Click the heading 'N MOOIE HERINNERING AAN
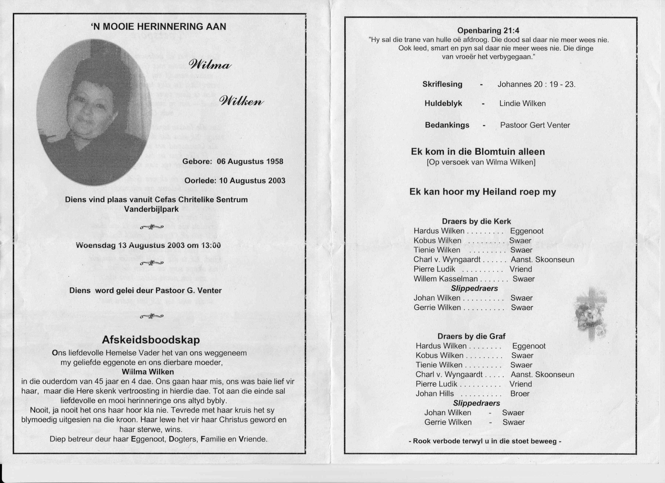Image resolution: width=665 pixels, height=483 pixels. click(x=159, y=27)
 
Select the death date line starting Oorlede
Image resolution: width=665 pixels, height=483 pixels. click(x=235, y=181)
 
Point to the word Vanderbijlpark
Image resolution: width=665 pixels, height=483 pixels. click(x=151, y=209)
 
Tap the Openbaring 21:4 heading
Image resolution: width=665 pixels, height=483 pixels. click(x=488, y=30)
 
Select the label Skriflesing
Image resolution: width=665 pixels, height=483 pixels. click(x=442, y=84)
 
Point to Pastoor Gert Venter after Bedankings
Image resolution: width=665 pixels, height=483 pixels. click(x=535, y=125)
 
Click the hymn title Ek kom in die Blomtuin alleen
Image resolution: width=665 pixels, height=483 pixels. click(x=482, y=152)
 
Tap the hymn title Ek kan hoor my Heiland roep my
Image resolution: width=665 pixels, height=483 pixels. click(x=482, y=192)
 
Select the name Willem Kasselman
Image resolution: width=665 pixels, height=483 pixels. click(x=445, y=279)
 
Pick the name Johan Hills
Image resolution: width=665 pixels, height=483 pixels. click(x=435, y=393)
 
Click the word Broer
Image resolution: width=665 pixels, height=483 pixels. click(x=520, y=393)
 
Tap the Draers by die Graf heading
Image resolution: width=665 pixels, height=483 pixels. click(x=471, y=336)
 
